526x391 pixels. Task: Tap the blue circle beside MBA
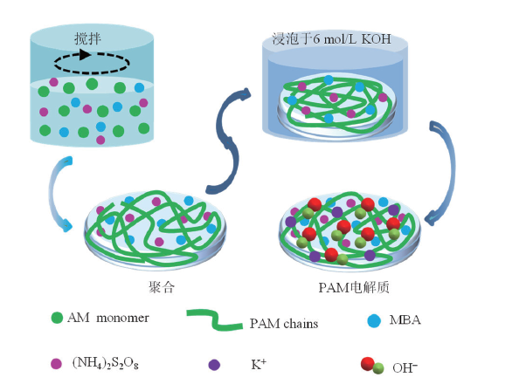374,319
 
